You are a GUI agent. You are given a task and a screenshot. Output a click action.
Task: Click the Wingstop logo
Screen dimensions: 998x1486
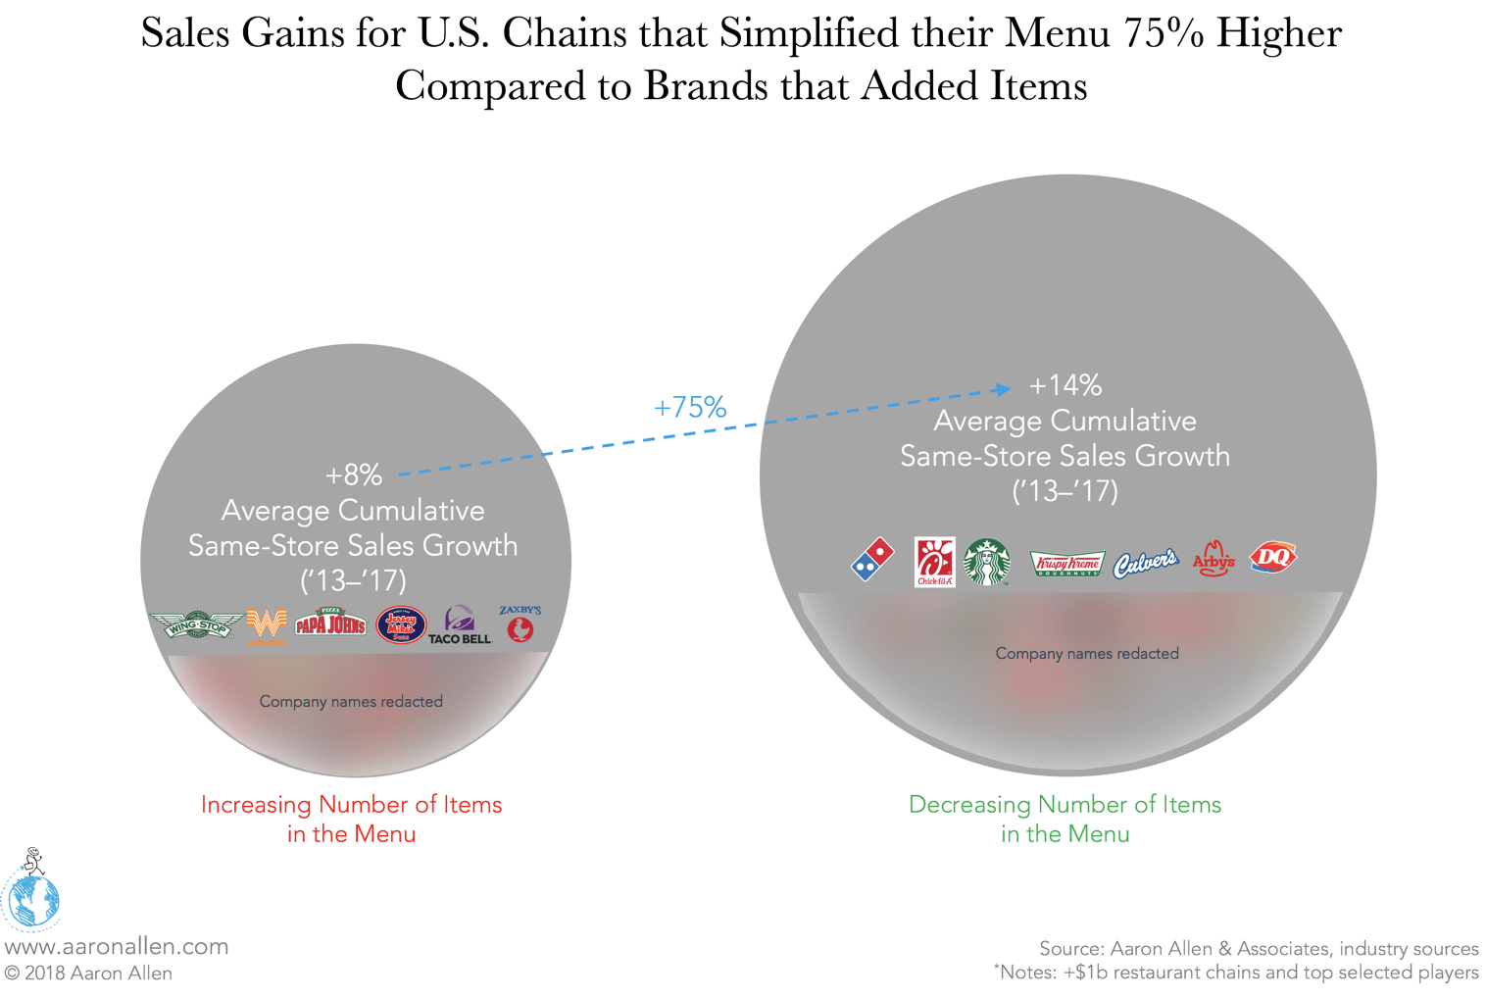pos(196,624)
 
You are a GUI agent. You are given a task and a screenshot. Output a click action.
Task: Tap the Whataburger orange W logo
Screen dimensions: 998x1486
pos(266,624)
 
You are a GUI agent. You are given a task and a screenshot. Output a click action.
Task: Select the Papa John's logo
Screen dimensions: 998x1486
pos(330,622)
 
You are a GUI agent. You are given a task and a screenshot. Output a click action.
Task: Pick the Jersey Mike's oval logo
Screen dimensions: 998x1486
pos(401,624)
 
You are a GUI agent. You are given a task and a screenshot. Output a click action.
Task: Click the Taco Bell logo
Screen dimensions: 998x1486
pos(459,625)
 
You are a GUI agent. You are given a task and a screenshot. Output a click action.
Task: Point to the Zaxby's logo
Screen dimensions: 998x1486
pos(520,624)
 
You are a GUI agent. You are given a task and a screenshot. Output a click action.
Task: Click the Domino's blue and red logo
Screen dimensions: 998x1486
pos(872,560)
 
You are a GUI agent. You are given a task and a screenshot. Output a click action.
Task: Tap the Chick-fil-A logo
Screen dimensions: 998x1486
pos(934,562)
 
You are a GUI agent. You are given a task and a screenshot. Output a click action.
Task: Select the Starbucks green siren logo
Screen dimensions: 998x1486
pos(987,562)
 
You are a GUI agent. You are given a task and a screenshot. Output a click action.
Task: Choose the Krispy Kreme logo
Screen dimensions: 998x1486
pos(1067,564)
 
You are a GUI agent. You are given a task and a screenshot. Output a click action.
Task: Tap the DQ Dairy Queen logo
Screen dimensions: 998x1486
pos(1273,558)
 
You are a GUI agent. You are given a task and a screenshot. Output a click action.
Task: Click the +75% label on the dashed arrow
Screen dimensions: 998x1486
pos(690,407)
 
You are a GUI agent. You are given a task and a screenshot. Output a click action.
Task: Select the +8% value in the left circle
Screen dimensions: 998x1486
pos(354,475)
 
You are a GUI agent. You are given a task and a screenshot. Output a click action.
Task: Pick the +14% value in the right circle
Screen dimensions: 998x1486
pos(1065,385)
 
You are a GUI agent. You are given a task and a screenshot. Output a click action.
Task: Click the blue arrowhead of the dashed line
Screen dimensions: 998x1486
pos(1003,389)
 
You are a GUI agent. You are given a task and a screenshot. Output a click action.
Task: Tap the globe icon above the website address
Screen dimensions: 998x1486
pos(31,897)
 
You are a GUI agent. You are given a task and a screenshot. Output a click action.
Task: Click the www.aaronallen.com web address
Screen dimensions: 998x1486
pos(117,946)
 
